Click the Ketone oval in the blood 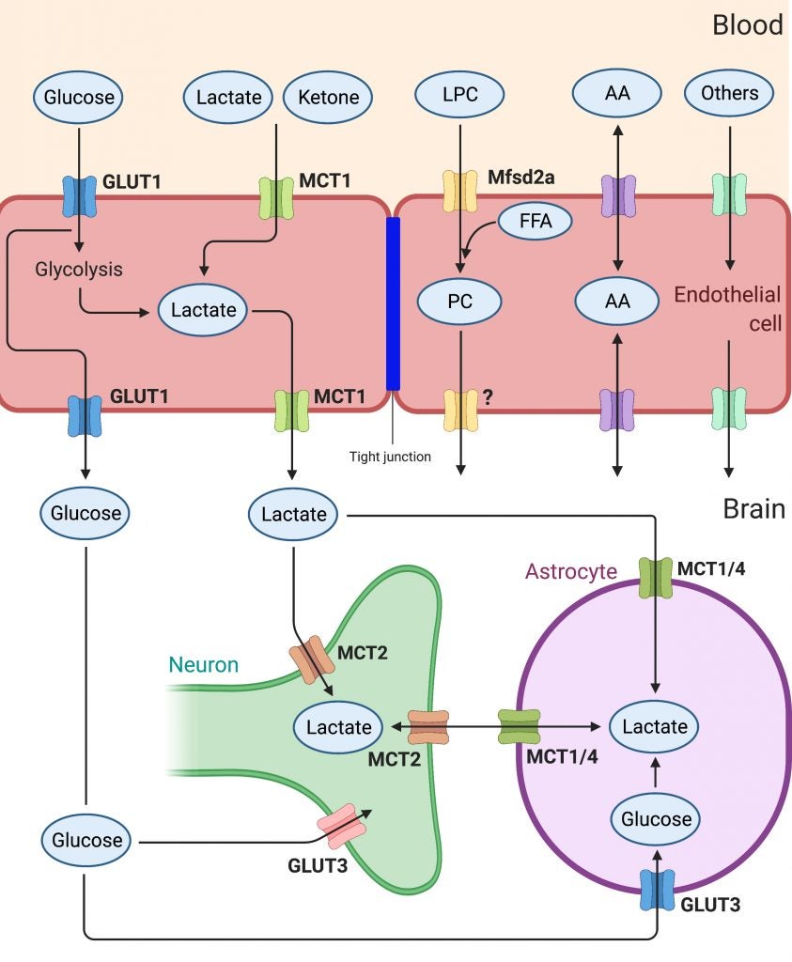coord(328,97)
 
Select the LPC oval coord(460,97)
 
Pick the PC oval coord(460,303)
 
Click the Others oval coord(729,94)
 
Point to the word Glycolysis coord(79,270)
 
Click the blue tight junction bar coord(393,303)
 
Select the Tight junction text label coord(389,457)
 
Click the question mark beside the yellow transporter coord(488,397)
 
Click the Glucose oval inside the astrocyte coord(656,819)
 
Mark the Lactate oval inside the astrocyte coord(655,727)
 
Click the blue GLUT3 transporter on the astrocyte coord(656,889)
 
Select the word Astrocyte coord(570,572)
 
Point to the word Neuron coord(204,665)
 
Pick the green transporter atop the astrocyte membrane coord(655,577)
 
